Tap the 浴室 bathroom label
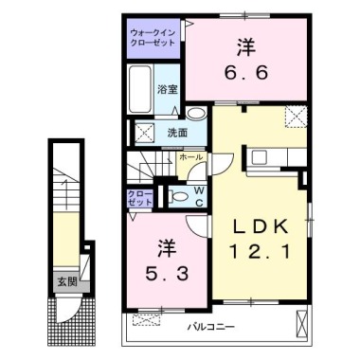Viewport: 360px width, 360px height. click(168, 88)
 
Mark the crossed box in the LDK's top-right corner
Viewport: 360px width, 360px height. click(296, 118)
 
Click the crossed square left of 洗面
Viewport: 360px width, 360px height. click(146, 132)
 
